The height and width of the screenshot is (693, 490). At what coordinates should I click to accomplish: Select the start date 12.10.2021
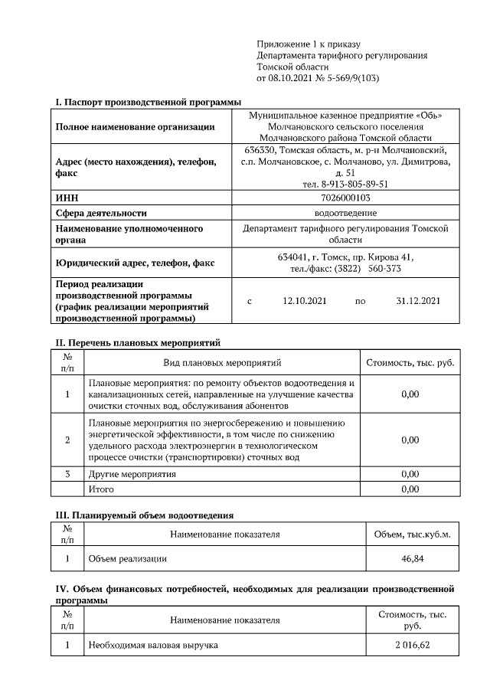(305, 301)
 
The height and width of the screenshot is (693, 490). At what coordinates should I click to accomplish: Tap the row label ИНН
(67, 198)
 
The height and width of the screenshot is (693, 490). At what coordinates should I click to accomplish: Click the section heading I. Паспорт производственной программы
(148, 102)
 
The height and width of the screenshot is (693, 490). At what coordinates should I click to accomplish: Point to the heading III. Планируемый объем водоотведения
(142, 515)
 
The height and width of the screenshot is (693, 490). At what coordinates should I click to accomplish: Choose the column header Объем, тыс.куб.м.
(411, 534)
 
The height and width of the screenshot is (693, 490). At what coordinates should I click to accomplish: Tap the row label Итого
(102, 489)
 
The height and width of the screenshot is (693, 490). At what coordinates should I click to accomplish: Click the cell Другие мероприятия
(132, 474)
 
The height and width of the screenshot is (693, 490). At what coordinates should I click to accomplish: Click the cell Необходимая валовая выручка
(153, 646)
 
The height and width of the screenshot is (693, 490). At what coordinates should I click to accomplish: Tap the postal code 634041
(294, 257)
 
